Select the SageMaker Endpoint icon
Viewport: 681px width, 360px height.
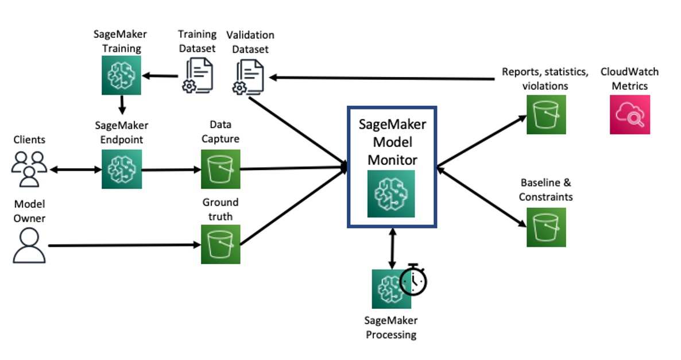121,169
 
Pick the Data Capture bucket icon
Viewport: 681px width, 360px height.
220,169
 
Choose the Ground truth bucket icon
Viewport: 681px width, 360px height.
220,244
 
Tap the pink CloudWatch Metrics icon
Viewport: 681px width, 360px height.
630,114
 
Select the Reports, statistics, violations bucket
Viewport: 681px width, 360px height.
546,114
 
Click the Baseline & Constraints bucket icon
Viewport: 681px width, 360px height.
546,227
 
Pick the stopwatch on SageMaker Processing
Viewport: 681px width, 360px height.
414,280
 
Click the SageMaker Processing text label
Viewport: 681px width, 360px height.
391,327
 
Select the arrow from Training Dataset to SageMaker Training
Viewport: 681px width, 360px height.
162,75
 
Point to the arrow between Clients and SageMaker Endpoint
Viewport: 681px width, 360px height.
75,169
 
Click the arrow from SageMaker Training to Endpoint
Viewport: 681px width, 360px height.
122,104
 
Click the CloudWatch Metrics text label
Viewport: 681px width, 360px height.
629,79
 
